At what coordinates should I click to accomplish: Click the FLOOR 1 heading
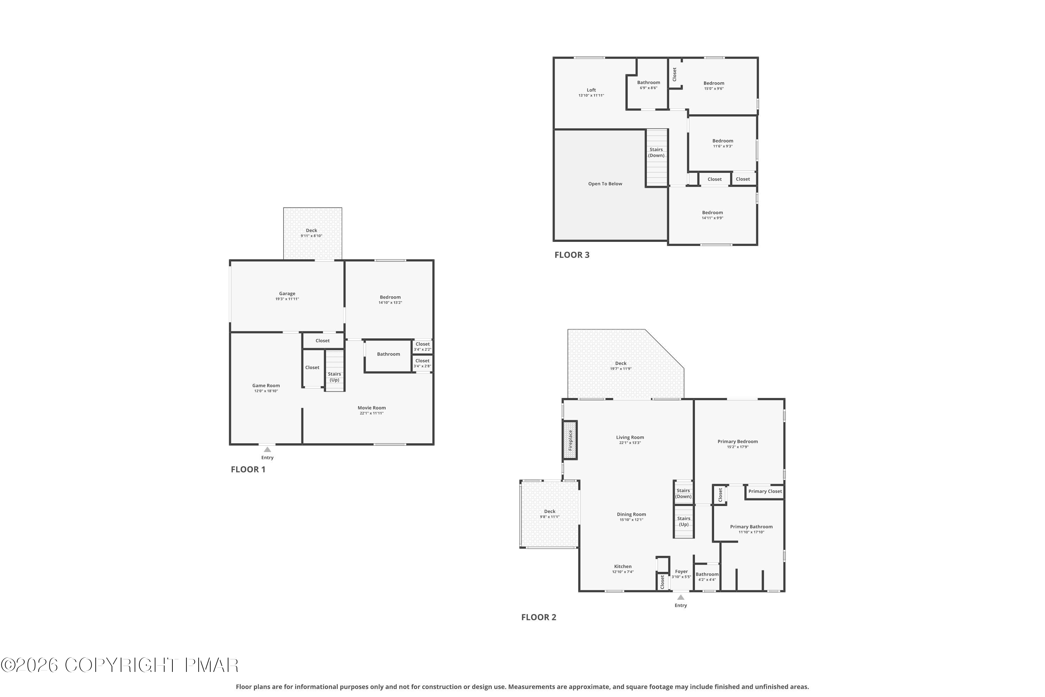pos(248,469)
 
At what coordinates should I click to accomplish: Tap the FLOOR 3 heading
pos(572,255)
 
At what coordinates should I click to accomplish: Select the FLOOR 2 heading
pos(539,617)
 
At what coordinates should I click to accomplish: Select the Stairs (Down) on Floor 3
pos(657,158)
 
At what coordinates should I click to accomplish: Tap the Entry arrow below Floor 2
pos(681,597)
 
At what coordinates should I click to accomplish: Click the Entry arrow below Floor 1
pos(268,450)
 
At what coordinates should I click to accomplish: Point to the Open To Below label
pos(605,184)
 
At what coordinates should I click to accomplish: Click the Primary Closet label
pos(765,491)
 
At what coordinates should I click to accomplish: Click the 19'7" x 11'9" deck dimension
pos(621,368)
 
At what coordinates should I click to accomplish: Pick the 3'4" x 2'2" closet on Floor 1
pos(423,347)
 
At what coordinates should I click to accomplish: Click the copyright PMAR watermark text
pos(119,665)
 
